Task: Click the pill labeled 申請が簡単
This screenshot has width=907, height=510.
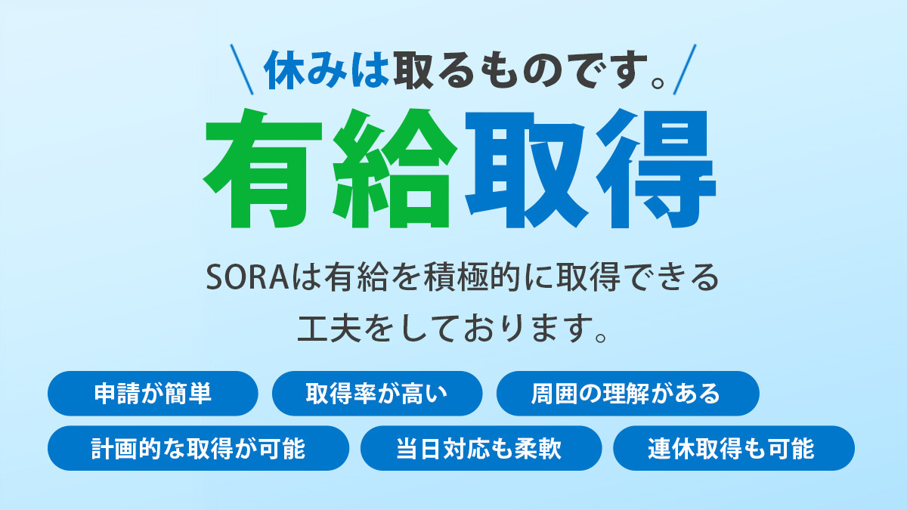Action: (x=153, y=393)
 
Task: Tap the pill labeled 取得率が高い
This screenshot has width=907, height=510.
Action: (x=377, y=393)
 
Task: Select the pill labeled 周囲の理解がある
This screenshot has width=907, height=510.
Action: (x=627, y=393)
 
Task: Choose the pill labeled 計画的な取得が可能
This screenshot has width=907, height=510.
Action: (x=198, y=448)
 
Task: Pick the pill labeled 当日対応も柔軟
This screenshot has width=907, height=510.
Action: (x=481, y=448)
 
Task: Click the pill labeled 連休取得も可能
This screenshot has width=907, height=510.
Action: (x=734, y=448)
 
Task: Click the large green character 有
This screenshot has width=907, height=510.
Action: (x=263, y=168)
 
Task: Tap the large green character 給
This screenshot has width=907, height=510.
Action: (x=394, y=168)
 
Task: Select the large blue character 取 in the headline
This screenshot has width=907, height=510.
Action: (x=526, y=169)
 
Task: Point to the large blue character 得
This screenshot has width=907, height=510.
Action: (x=656, y=168)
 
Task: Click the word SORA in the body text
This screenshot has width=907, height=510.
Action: (x=247, y=278)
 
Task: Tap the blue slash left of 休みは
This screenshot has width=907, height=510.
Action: (x=242, y=70)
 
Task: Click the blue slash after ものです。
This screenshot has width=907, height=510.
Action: (x=685, y=70)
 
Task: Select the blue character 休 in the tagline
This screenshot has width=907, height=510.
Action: (x=285, y=70)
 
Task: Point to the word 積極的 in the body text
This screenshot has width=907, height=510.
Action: (x=472, y=278)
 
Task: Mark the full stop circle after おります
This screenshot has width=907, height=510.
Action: (x=601, y=337)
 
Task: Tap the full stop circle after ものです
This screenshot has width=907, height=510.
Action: (x=658, y=82)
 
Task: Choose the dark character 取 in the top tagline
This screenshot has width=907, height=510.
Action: (x=413, y=70)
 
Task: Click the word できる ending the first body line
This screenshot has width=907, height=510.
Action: (x=670, y=278)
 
